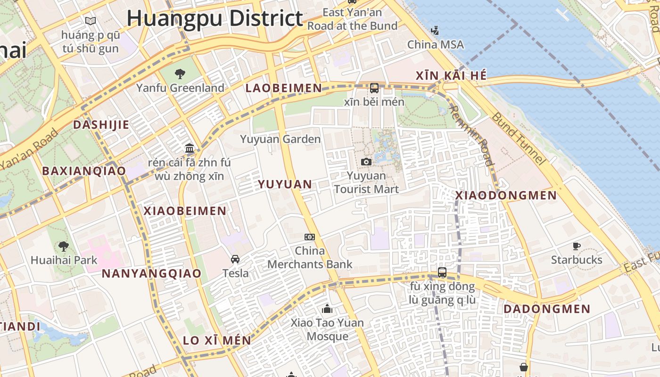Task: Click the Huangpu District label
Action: tap(214, 19)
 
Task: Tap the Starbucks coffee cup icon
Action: tap(576, 246)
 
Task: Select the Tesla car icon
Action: tap(235, 259)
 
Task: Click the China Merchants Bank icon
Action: tap(309, 237)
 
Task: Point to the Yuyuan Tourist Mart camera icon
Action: tap(366, 162)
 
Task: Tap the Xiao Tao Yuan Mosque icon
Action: tap(327, 309)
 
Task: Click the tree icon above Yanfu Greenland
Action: tap(180, 74)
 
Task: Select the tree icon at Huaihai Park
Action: tap(63, 246)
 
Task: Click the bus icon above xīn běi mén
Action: tap(374, 88)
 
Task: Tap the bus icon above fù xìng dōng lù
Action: tap(442, 272)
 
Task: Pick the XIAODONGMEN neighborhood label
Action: tap(506, 196)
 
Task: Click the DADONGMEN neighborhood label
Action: tap(547, 309)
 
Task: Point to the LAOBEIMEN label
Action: tap(284, 88)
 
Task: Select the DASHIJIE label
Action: tap(101, 125)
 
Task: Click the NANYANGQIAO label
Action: tap(151, 273)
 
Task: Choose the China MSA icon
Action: tap(435, 31)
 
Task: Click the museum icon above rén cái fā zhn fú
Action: tap(190, 148)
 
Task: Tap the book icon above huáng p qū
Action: tap(90, 21)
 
